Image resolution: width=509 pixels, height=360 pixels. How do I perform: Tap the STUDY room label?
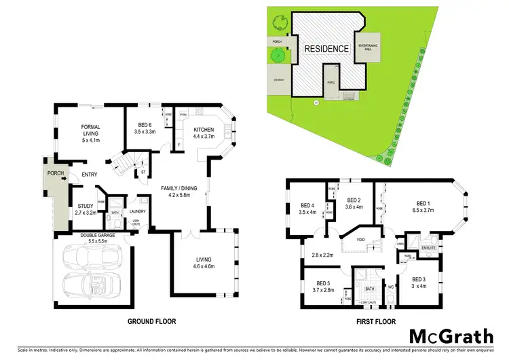[x=86, y=209]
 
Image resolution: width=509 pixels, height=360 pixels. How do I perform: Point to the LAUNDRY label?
[x=138, y=200]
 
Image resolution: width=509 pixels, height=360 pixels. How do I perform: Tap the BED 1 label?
[x=423, y=206]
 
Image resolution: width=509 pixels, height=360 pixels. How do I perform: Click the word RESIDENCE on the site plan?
[x=326, y=49]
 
